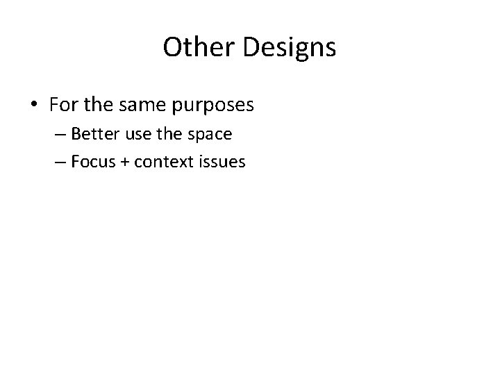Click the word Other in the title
click(x=195, y=47)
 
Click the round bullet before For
click(x=35, y=106)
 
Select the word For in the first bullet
click(x=62, y=106)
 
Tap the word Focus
click(x=90, y=162)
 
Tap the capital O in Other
click(x=172, y=47)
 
